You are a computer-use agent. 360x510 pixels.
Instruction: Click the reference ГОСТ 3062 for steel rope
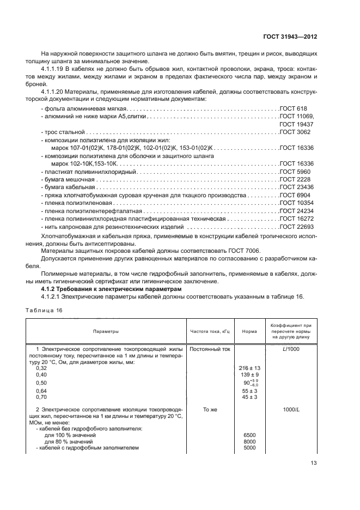click(x=295, y=132)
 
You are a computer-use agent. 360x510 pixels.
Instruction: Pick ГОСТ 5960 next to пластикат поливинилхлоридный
click(x=295, y=172)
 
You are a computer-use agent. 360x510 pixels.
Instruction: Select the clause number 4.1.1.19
click(x=53, y=70)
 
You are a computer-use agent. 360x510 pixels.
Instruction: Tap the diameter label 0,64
click(x=41, y=391)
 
